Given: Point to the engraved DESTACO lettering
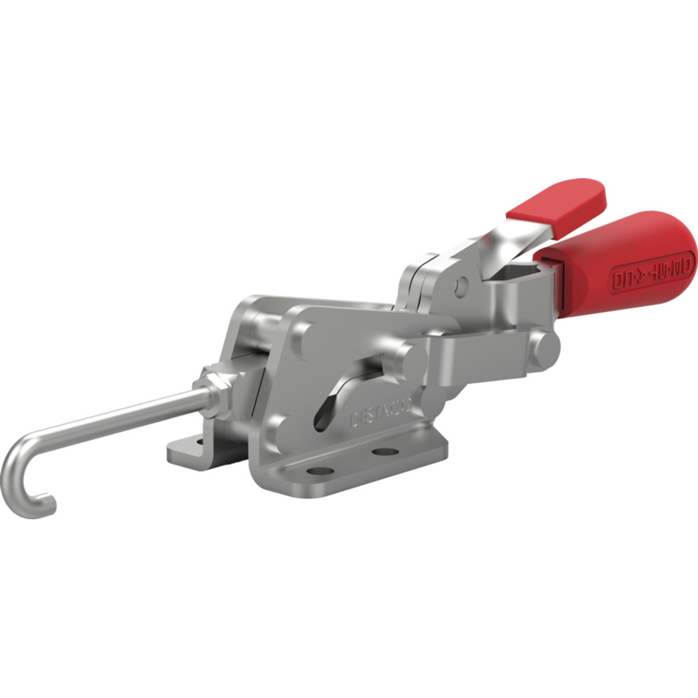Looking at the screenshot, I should click(380, 413).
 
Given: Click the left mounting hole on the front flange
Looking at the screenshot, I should click(321, 471).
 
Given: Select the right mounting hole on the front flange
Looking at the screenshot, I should click(386, 451).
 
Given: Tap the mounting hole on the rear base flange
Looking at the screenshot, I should click(200, 441).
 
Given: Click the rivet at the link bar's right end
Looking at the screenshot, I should click(544, 349).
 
